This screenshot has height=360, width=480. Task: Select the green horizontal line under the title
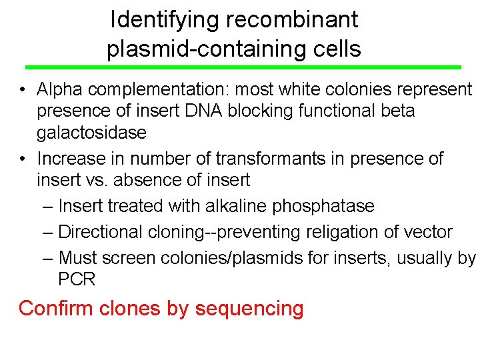[243, 67]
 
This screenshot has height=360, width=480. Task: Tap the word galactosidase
[91, 132]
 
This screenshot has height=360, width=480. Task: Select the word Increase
[71, 159]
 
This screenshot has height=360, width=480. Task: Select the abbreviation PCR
[77, 279]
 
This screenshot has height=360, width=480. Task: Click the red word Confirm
[56, 309]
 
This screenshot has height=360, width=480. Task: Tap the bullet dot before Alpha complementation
[23, 90]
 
